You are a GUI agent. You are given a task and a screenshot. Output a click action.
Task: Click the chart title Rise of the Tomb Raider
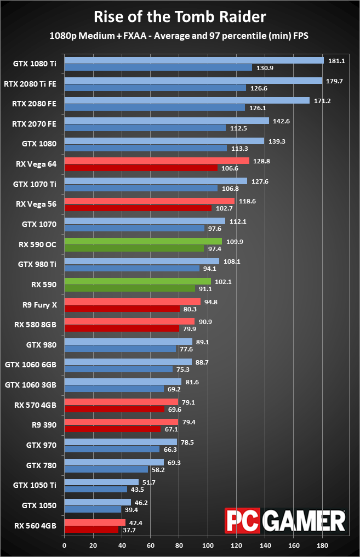[x=180, y=16]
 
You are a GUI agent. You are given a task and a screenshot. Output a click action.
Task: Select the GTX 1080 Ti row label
[x=35, y=64]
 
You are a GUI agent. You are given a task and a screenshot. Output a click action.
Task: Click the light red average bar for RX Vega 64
[x=157, y=161]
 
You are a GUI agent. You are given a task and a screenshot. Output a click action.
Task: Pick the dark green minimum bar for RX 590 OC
[x=134, y=248]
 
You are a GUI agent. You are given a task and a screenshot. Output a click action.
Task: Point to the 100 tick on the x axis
[x=208, y=545]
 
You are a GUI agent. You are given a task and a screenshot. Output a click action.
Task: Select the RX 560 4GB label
[x=36, y=526]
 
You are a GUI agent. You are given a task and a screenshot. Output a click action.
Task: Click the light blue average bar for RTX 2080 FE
[x=187, y=101]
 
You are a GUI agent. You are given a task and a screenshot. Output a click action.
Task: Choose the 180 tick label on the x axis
[x=322, y=545]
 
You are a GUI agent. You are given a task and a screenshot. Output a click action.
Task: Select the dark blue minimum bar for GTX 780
[x=106, y=469]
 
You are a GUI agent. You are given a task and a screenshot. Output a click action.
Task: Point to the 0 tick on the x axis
[x=64, y=545]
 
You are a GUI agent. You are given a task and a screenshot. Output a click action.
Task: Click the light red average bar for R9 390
[x=121, y=422]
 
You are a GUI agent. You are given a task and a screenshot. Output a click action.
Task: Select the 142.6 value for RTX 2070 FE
[x=280, y=121]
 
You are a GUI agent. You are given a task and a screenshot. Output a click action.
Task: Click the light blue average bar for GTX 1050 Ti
[x=101, y=482]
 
